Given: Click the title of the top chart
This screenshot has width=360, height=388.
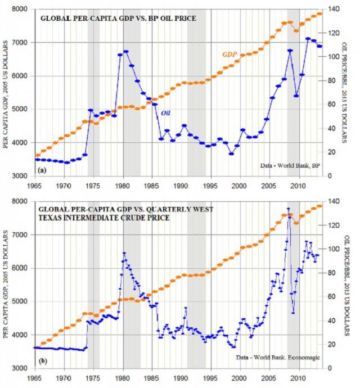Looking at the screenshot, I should tap(118, 19).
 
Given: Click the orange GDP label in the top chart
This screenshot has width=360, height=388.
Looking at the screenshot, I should tap(229, 54).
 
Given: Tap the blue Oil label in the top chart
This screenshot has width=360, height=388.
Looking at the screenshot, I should tap(166, 112).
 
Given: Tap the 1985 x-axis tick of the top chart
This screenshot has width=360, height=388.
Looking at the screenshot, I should tap(152, 184).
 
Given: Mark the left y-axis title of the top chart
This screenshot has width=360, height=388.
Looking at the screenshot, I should tap(7, 93).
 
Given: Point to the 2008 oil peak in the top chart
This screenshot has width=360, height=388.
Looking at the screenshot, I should tap(290, 50).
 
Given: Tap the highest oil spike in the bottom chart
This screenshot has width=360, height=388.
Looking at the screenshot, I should tap(289, 209).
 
